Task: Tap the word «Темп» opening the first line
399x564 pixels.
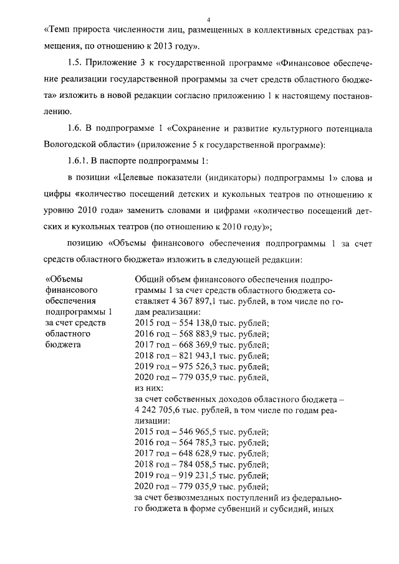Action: click(x=60, y=29)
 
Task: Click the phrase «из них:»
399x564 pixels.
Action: click(x=148, y=388)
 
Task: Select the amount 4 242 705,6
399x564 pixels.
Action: click(x=163, y=409)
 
